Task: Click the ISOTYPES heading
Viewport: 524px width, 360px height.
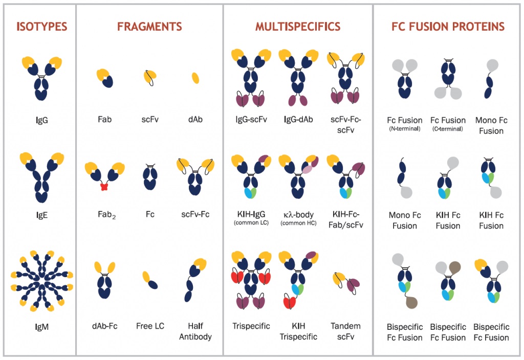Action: (42, 27)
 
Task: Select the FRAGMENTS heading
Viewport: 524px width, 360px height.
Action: (149, 27)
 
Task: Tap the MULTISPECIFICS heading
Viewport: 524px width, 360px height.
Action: (298, 27)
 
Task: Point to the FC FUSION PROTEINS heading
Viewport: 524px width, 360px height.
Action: (448, 27)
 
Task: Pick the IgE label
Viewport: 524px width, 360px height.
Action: (42, 215)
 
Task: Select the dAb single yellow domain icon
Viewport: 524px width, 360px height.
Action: (195, 78)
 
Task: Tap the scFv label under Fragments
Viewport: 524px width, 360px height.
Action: (150, 121)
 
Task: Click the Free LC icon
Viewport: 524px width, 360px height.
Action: (150, 280)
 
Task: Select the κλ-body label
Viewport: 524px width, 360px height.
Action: (298, 215)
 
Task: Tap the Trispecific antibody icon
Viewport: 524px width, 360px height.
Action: (251, 280)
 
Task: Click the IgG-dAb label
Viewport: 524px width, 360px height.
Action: (298, 121)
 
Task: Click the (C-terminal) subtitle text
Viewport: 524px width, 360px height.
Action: (448, 129)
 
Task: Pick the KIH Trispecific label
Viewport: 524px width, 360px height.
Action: (298, 331)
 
